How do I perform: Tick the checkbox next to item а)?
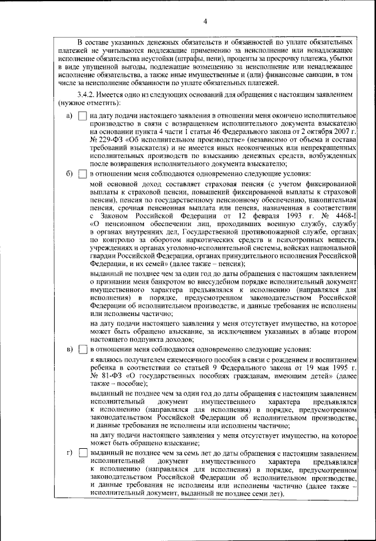pos(82,116)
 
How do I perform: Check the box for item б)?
pos(82,174)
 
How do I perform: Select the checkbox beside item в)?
pos(82,350)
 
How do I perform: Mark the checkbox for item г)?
pos(82,454)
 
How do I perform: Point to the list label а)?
pos(70,116)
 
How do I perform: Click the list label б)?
pos(70,174)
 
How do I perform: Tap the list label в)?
pos(70,350)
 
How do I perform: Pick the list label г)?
pos(70,454)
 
